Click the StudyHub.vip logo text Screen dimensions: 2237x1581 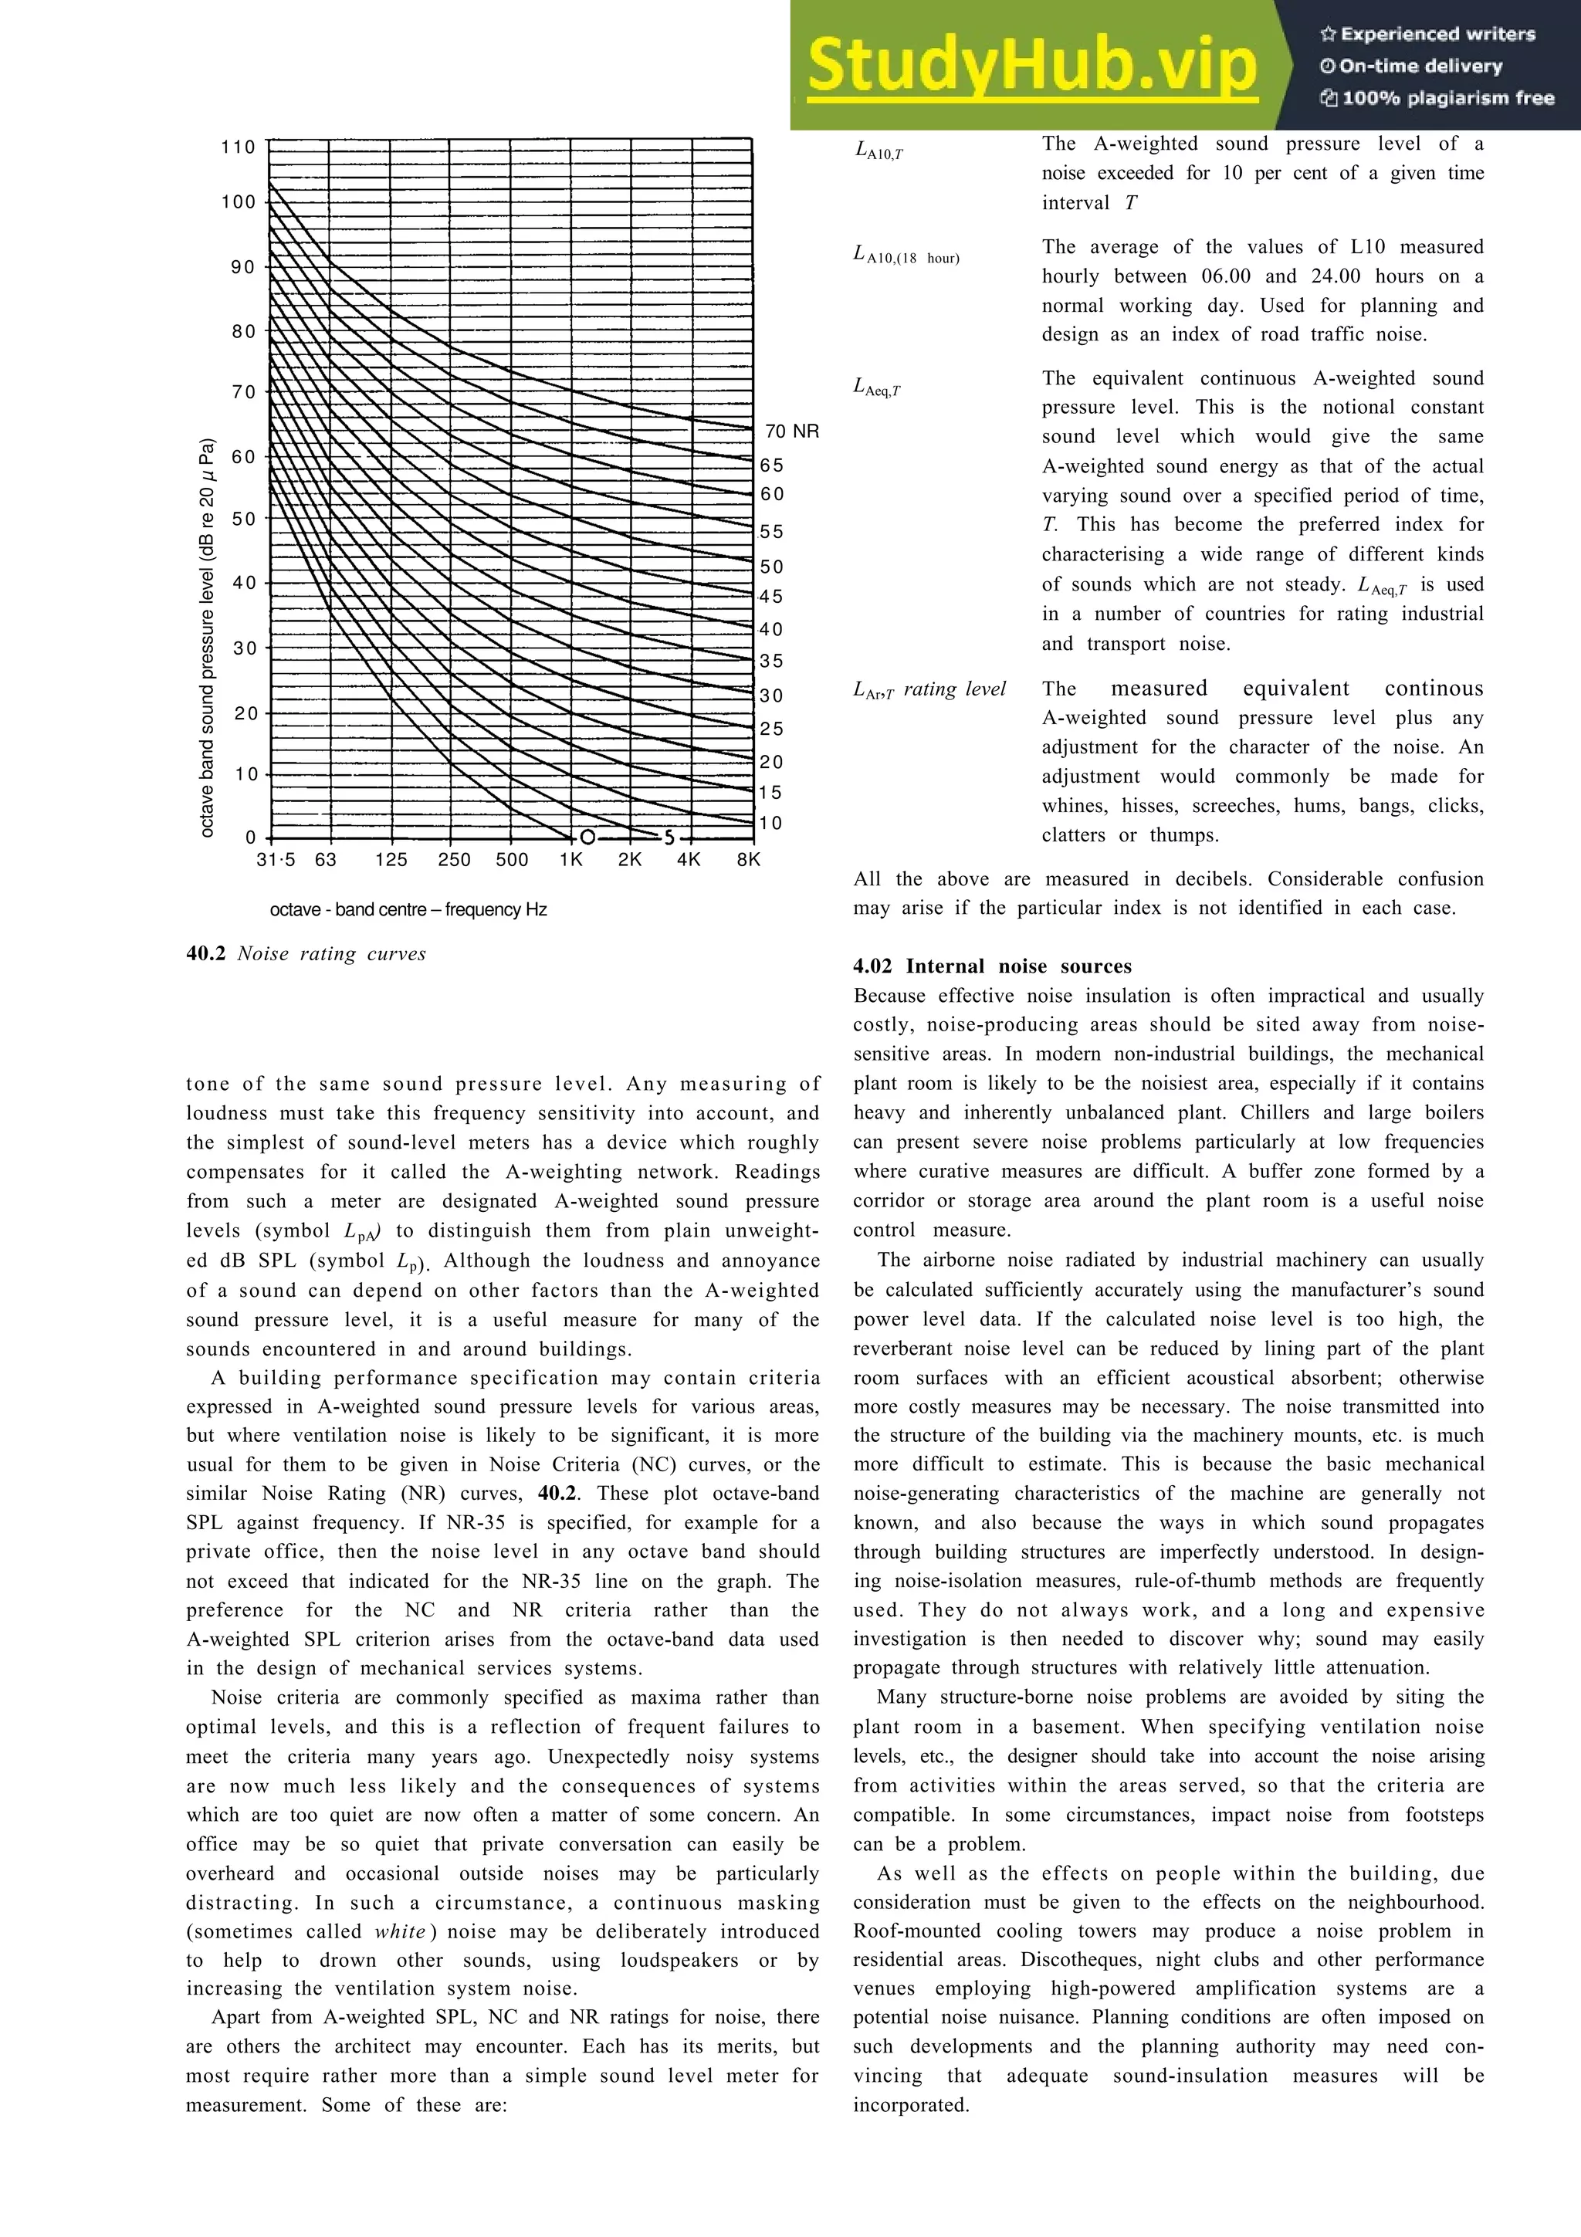coord(1031,66)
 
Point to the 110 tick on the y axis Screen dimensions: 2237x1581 coord(238,147)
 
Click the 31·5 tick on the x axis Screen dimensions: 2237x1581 coord(276,859)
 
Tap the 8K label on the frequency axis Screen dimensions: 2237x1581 coord(748,859)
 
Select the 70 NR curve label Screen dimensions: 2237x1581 coord(791,431)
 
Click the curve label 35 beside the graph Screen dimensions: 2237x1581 coord(771,662)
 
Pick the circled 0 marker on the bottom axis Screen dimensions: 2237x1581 coord(587,838)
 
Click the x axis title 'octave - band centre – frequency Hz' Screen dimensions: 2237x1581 coord(408,910)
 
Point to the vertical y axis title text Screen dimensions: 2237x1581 coord(207,638)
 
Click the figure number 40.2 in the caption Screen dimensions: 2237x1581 coord(205,954)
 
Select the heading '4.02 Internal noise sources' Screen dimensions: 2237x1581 coord(992,966)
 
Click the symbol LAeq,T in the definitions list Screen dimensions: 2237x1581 coord(877,387)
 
